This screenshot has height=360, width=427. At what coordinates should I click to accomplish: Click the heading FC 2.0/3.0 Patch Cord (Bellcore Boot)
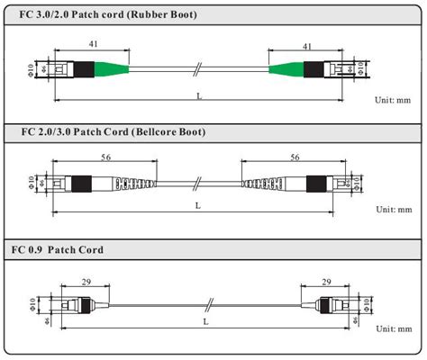coord(113,133)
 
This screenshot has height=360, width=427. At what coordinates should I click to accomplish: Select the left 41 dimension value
coord(94,44)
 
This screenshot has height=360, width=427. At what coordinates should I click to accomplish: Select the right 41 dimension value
coord(307,44)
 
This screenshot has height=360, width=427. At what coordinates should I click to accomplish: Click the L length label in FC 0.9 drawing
coord(206,321)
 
